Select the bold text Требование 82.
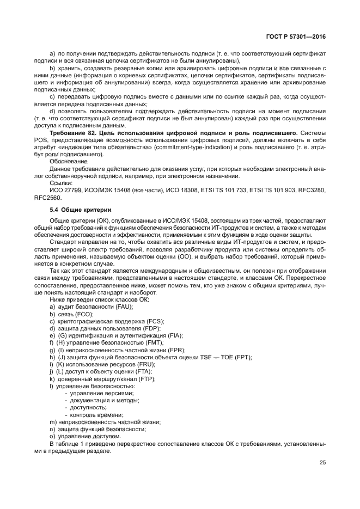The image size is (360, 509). click(71, 133)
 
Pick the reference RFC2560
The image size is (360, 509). click(47, 198)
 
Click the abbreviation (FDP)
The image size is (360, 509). click(144, 328)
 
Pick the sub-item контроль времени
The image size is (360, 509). click(96, 414)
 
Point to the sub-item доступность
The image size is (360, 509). click(89, 407)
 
